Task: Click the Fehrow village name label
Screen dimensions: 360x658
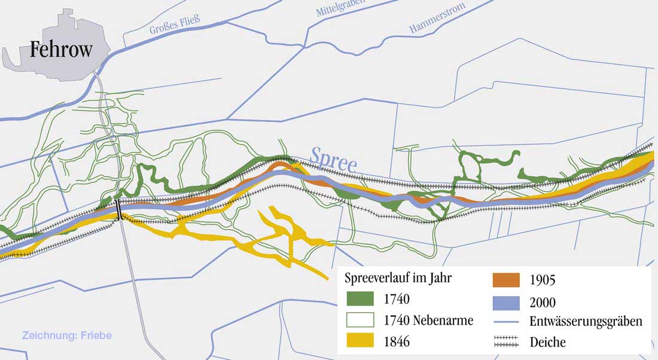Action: pyautogui.click(x=61, y=48)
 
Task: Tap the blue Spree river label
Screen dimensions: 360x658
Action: pyautogui.click(x=333, y=159)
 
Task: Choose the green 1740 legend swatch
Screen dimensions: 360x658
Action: pyautogui.click(x=360, y=298)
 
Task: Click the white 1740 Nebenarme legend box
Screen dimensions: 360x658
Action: pyautogui.click(x=360, y=320)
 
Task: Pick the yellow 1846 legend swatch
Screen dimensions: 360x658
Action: pyautogui.click(x=360, y=341)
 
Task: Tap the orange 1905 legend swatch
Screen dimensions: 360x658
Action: pyautogui.click(x=507, y=280)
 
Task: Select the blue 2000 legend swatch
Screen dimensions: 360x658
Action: pyautogui.click(x=507, y=302)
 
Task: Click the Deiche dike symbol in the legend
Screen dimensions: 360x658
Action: pyautogui.click(x=507, y=343)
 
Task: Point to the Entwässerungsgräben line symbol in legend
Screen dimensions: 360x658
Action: pyautogui.click(x=507, y=322)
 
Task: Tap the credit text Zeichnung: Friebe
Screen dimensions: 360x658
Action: pyautogui.click(x=66, y=335)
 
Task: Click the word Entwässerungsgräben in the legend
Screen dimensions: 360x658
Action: pyautogui.click(x=586, y=322)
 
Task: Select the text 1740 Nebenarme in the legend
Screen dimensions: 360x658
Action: pyautogui.click(x=428, y=321)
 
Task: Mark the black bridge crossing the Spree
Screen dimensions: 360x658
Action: pyautogui.click(x=119, y=209)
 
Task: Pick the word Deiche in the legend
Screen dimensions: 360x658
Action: pyautogui.click(x=547, y=343)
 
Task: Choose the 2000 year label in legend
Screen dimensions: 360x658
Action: pyautogui.click(x=543, y=303)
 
